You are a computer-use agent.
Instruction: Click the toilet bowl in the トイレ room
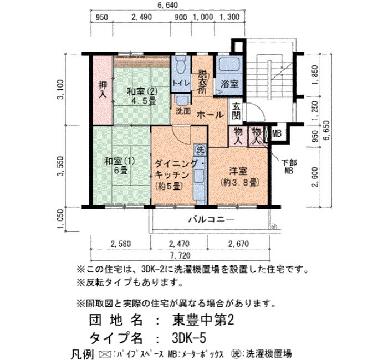(x=181, y=64)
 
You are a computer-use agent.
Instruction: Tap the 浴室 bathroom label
(x=229, y=84)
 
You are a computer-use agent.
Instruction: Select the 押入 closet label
(x=103, y=90)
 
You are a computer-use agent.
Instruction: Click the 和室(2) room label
(x=142, y=92)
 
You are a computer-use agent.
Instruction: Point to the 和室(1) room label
(x=120, y=162)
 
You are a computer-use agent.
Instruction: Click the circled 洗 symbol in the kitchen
(x=200, y=150)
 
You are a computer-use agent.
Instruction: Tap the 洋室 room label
(x=238, y=171)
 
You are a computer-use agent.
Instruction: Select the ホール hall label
(x=210, y=115)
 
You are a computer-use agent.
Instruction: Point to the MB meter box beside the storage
(x=277, y=134)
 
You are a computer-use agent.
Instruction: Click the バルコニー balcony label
(x=212, y=219)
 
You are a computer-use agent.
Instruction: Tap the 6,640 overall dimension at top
(x=167, y=4)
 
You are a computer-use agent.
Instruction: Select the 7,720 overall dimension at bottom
(x=180, y=255)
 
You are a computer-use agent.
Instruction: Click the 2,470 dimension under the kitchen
(x=179, y=244)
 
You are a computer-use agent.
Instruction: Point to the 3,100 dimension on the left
(x=60, y=89)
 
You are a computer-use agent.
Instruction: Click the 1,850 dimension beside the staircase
(x=315, y=75)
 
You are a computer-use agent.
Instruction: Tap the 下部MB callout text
(x=289, y=166)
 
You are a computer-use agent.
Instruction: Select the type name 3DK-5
(x=188, y=338)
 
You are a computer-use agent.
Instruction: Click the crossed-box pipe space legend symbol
(x=105, y=354)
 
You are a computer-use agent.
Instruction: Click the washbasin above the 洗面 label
(x=182, y=100)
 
